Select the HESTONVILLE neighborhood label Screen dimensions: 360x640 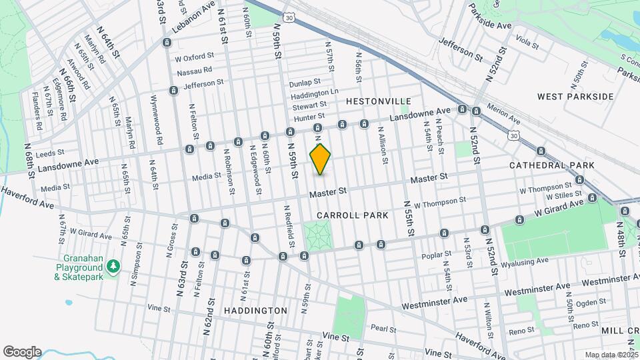pos(379,101)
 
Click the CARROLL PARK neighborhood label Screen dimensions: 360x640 pos(352,215)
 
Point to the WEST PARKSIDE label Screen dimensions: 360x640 pos(575,97)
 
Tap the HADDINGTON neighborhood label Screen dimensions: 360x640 pos(255,311)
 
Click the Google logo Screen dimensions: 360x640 pos(22,352)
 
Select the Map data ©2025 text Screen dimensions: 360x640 pos(611,355)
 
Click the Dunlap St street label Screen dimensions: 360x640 pos(305,84)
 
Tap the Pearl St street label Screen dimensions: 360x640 pos(384,329)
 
